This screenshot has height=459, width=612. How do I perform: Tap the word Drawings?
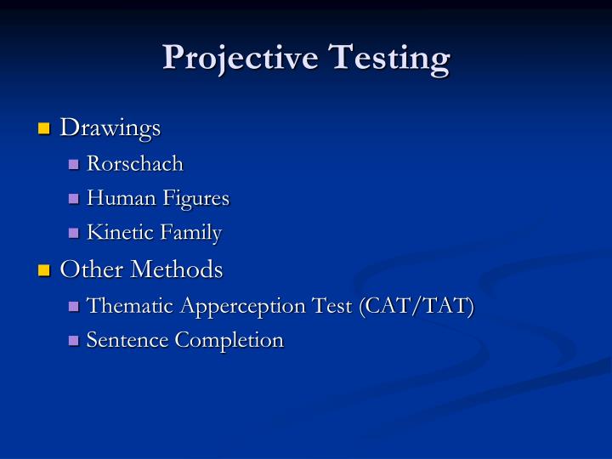tap(110, 128)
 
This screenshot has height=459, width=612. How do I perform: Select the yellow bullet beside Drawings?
tap(45, 129)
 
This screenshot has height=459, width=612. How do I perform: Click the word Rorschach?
tap(135, 163)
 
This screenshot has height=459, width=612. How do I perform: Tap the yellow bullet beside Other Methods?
tap(45, 271)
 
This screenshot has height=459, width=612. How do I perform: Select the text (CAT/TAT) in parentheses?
tap(416, 306)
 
